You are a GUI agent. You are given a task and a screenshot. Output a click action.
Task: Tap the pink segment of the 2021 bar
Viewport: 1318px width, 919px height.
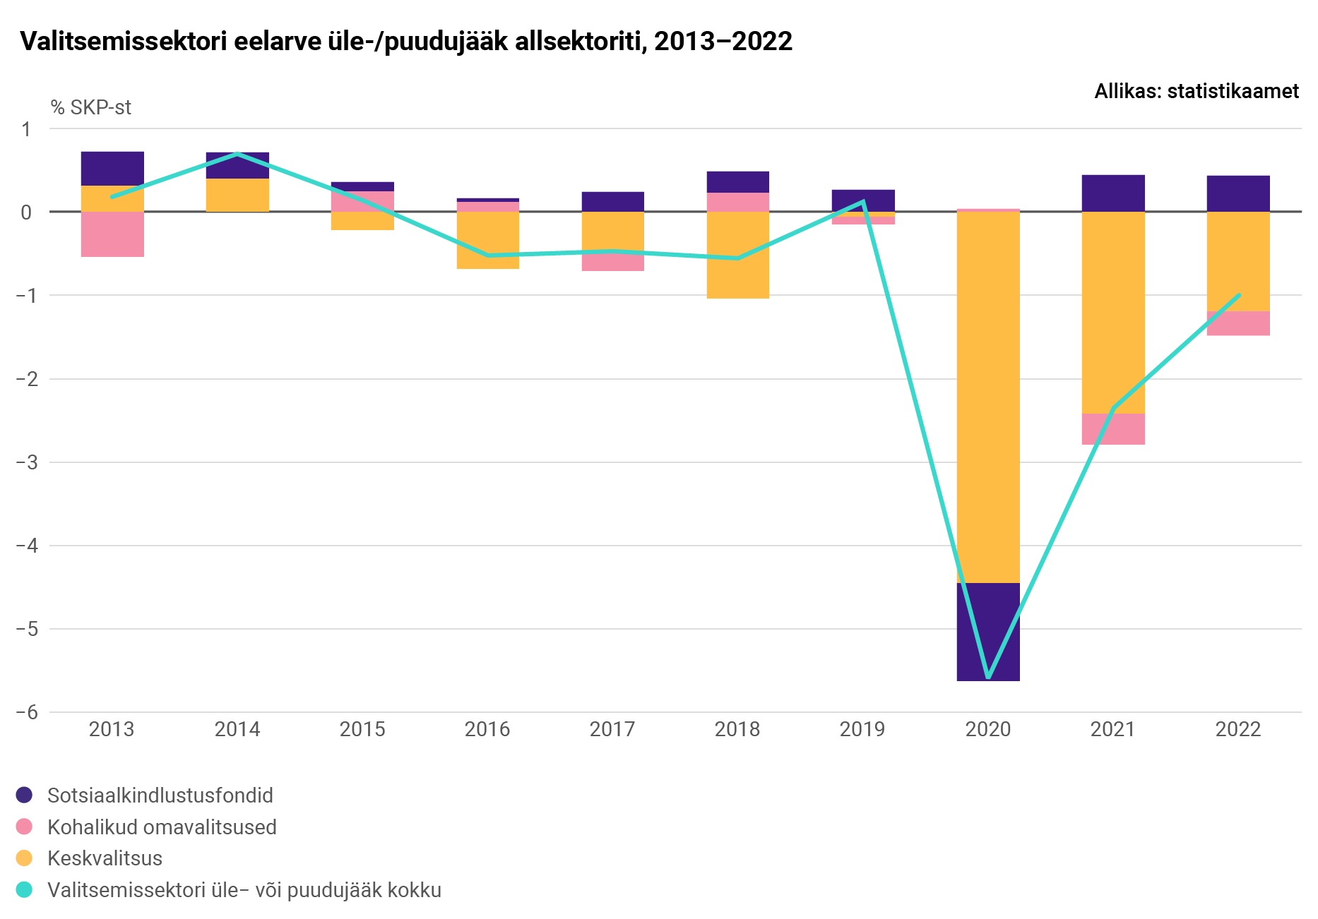1112,429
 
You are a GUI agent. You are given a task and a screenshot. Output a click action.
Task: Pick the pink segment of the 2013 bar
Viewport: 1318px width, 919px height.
112,234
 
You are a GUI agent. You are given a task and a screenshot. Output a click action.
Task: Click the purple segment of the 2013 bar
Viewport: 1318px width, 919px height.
112,168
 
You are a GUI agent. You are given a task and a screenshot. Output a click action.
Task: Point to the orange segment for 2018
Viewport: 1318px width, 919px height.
737,255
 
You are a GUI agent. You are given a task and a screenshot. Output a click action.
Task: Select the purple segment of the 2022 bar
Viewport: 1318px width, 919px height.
1237,193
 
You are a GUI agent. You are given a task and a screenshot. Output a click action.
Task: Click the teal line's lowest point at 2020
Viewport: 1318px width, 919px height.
987,678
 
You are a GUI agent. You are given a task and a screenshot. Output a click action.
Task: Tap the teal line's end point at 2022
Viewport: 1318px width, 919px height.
1239,295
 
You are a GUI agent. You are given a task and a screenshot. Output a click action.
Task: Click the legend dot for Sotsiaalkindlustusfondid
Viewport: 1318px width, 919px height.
24,795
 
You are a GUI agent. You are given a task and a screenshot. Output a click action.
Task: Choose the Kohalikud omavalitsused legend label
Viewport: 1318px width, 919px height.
162,827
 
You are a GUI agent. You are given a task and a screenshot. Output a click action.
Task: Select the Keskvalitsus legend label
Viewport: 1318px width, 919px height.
105,858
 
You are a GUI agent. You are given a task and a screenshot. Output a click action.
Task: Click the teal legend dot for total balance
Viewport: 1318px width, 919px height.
24,890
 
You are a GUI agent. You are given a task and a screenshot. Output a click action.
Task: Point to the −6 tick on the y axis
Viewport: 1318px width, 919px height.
27,712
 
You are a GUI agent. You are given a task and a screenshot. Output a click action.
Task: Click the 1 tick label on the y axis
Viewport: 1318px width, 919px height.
26,129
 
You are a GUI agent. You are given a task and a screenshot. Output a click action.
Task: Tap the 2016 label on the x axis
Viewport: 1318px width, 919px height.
487,729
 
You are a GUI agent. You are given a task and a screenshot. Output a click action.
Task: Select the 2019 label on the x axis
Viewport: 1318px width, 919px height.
862,729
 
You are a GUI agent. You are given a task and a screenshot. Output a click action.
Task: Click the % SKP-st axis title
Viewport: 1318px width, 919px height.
91,107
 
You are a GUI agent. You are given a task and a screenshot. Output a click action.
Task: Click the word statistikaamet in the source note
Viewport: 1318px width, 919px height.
1233,91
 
